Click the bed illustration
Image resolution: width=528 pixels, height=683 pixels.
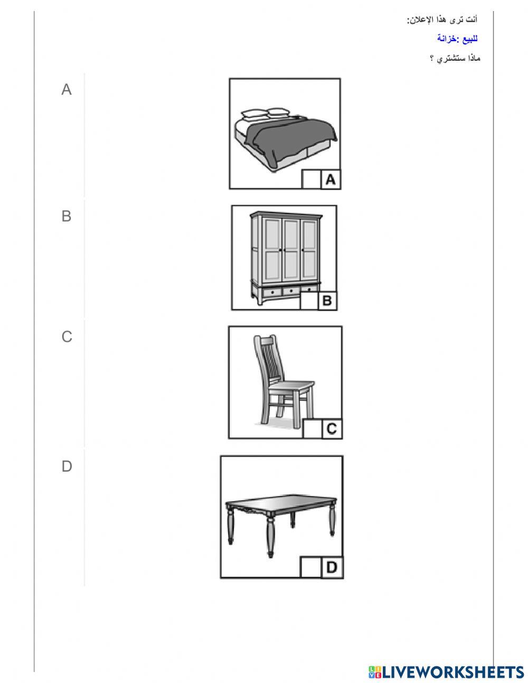[285, 139]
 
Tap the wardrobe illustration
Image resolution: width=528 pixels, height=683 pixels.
[286, 258]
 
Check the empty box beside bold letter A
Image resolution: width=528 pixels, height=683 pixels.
[311, 180]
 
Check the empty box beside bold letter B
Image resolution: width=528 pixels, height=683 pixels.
[309, 301]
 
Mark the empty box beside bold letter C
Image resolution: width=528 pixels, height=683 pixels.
[312, 428]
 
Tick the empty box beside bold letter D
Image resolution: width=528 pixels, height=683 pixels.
[310, 567]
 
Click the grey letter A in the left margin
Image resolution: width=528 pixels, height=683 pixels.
[67, 90]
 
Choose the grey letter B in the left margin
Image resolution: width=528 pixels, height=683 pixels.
[67, 216]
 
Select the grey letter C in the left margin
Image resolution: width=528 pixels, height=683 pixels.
[67, 336]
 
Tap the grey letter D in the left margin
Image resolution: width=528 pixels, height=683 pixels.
[67, 466]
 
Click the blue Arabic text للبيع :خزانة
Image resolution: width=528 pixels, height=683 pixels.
[457, 39]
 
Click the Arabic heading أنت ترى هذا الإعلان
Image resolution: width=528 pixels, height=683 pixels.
[442, 20]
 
